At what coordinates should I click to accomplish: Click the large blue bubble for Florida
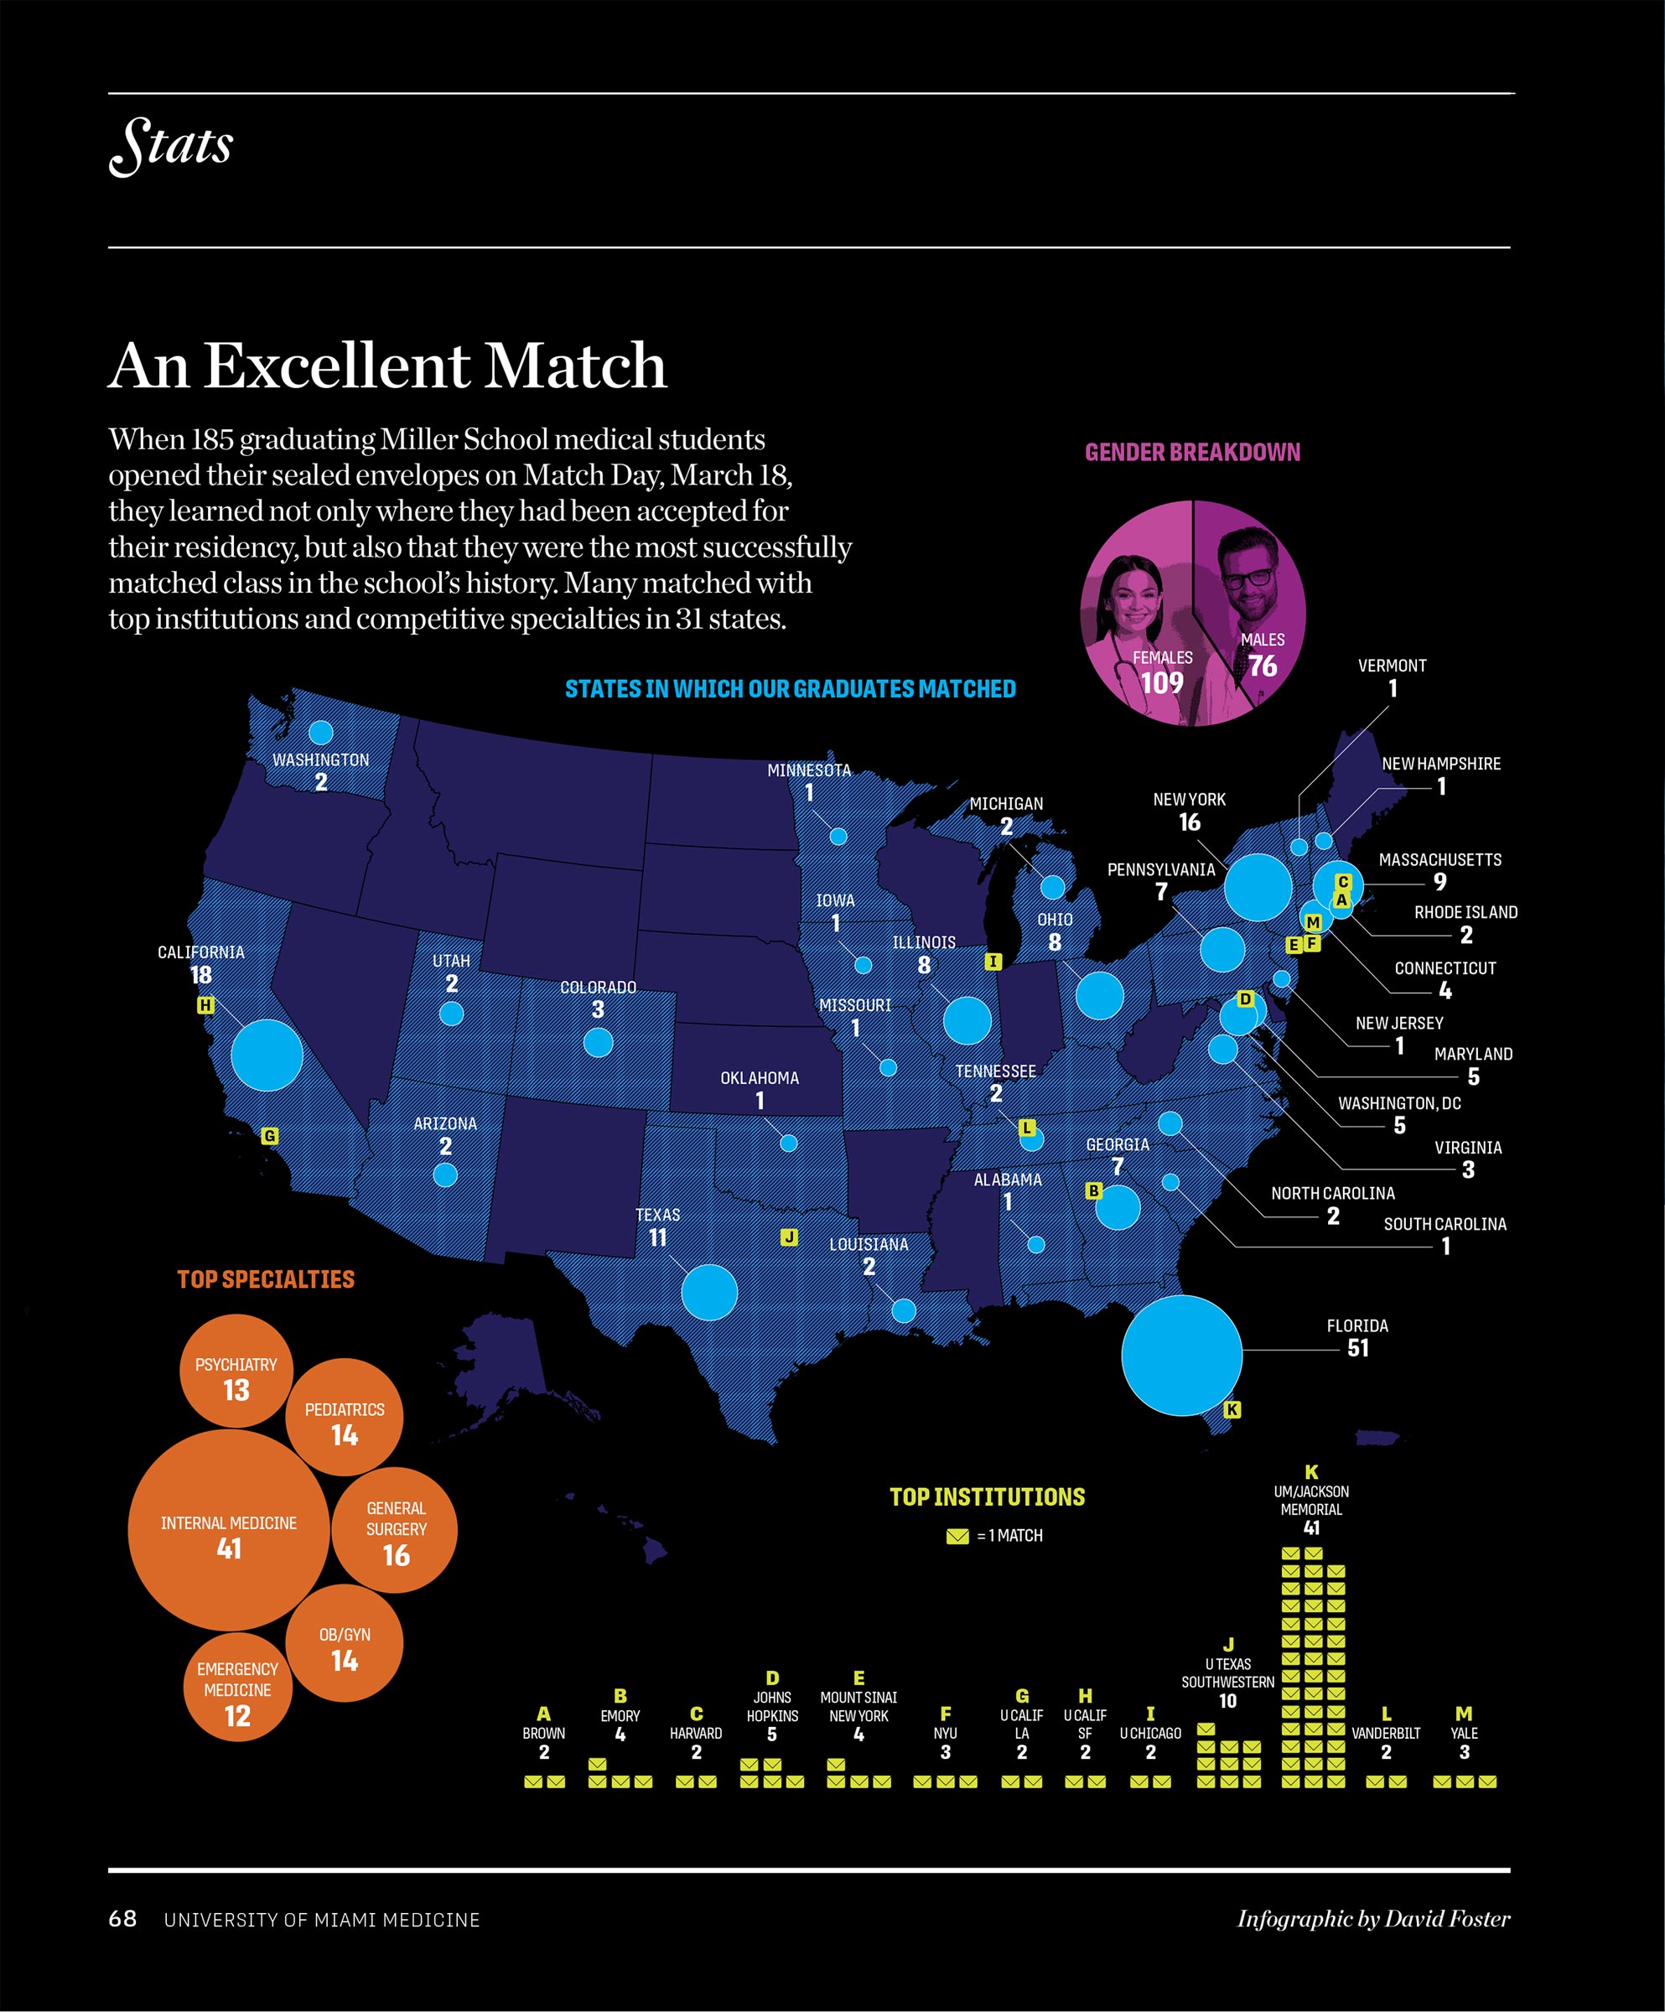(1181, 1355)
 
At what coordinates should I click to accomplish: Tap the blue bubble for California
(267, 1055)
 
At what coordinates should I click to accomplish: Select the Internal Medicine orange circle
(228, 1530)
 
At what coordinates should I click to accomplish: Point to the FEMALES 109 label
(1162, 672)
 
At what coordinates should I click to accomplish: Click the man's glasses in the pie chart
(1247, 578)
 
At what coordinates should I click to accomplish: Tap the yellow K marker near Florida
(1232, 1409)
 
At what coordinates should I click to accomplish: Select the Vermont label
(1392, 666)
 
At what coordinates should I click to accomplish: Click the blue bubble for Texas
(709, 1292)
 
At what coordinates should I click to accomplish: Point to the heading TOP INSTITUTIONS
(987, 1497)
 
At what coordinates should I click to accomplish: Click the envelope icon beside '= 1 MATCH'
(957, 1536)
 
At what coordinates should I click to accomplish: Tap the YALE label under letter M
(1463, 1733)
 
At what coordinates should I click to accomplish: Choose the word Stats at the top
(172, 145)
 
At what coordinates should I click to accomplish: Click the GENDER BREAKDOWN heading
(1192, 452)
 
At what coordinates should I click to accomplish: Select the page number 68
(122, 1918)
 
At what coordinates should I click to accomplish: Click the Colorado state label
(598, 987)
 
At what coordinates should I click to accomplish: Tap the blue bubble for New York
(1257, 887)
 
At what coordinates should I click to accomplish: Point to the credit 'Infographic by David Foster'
(1372, 1918)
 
